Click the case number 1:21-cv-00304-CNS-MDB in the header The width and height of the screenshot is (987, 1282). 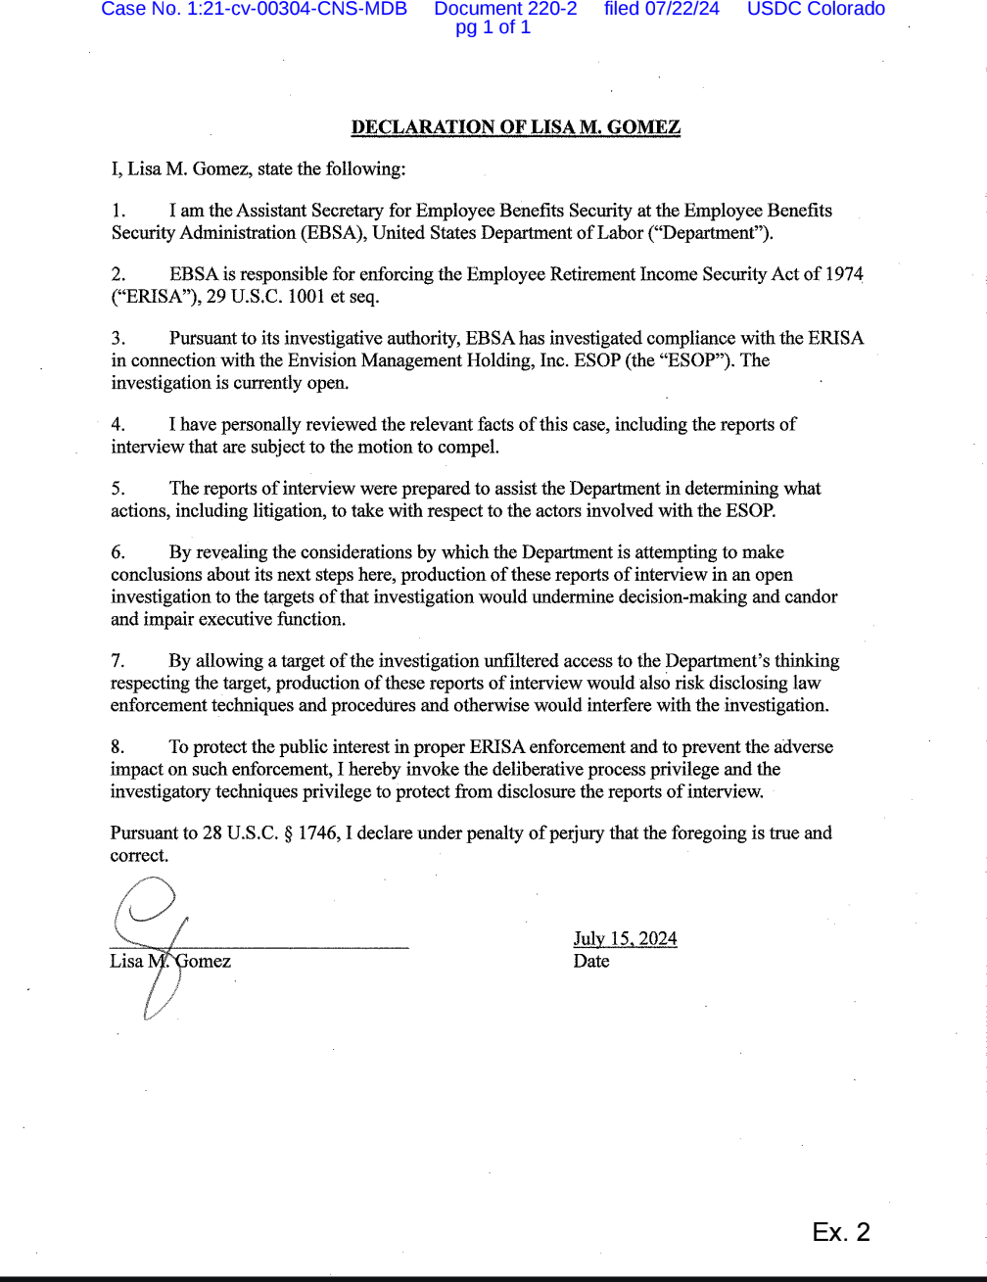tap(254, 10)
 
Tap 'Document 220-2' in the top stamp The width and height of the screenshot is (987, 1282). tap(505, 10)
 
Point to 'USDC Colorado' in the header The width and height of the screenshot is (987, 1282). tap(816, 10)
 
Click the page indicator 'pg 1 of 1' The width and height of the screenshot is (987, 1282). tap(493, 27)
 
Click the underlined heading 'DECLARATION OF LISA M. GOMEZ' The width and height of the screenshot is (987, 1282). tap(515, 127)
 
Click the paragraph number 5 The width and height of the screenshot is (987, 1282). tap(117, 488)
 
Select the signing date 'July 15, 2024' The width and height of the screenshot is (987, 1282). tap(625, 939)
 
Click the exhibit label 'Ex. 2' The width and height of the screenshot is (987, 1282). tap(840, 1232)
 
